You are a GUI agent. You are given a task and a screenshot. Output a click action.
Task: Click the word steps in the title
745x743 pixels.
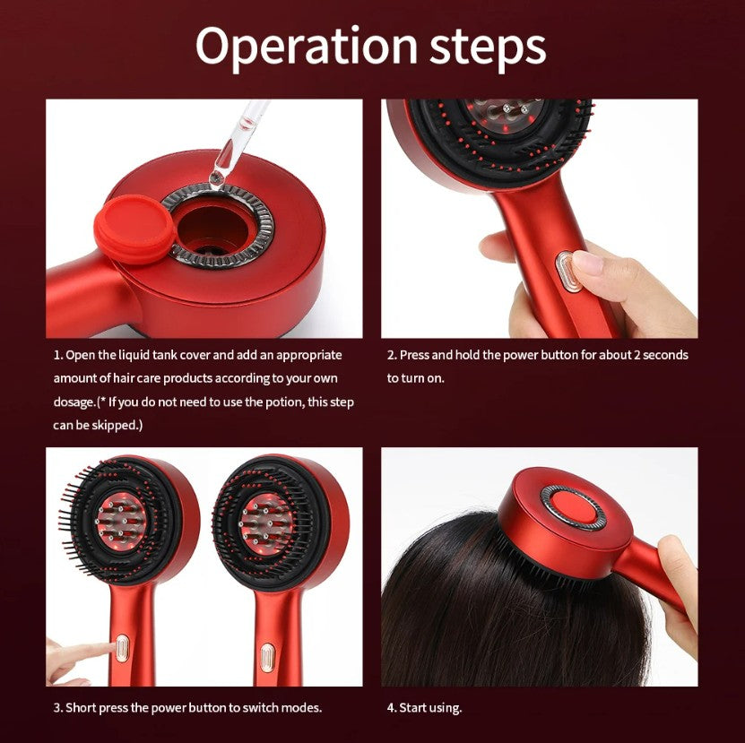pyautogui.click(x=488, y=47)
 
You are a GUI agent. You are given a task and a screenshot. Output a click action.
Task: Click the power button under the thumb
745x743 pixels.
pyautogui.click(x=564, y=272)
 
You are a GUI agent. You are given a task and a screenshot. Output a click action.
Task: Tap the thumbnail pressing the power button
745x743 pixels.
pyautogui.click(x=587, y=263)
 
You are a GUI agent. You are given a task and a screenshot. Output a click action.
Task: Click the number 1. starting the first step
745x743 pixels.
pyautogui.click(x=58, y=355)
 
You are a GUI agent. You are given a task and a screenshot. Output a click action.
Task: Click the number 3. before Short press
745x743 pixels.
pyautogui.click(x=58, y=708)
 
